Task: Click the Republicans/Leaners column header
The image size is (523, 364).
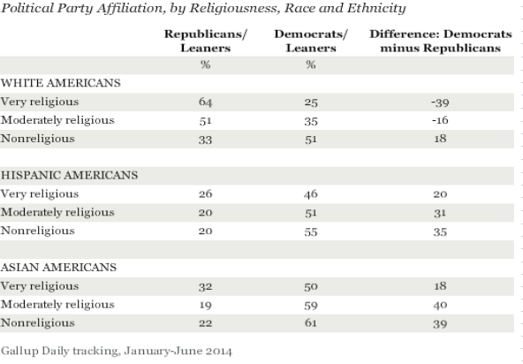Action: tap(206, 41)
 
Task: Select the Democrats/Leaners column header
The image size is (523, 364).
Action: tap(311, 41)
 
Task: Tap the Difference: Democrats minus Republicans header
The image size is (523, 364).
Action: tap(441, 41)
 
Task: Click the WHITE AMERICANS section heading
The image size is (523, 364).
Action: tap(60, 83)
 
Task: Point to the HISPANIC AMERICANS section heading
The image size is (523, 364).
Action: tap(69, 175)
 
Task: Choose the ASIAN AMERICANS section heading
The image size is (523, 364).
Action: tap(58, 267)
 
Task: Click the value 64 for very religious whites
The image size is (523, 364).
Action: tap(206, 102)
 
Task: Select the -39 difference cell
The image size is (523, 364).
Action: tap(440, 102)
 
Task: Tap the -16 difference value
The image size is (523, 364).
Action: tap(440, 120)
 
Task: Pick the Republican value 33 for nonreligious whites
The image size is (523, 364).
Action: tap(206, 140)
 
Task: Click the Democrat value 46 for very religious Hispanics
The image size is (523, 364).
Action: tap(311, 194)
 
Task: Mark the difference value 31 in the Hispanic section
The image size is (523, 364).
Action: tap(440, 213)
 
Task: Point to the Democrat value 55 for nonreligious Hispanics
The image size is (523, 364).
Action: tap(311, 231)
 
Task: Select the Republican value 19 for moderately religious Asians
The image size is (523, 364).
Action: tap(206, 306)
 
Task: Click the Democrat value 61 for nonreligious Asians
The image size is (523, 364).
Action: tap(311, 323)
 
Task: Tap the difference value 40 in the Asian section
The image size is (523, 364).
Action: tap(440, 305)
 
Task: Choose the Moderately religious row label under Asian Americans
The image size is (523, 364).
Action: tap(57, 305)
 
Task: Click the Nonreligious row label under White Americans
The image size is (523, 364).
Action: tap(38, 139)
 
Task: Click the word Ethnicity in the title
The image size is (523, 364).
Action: tap(376, 8)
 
